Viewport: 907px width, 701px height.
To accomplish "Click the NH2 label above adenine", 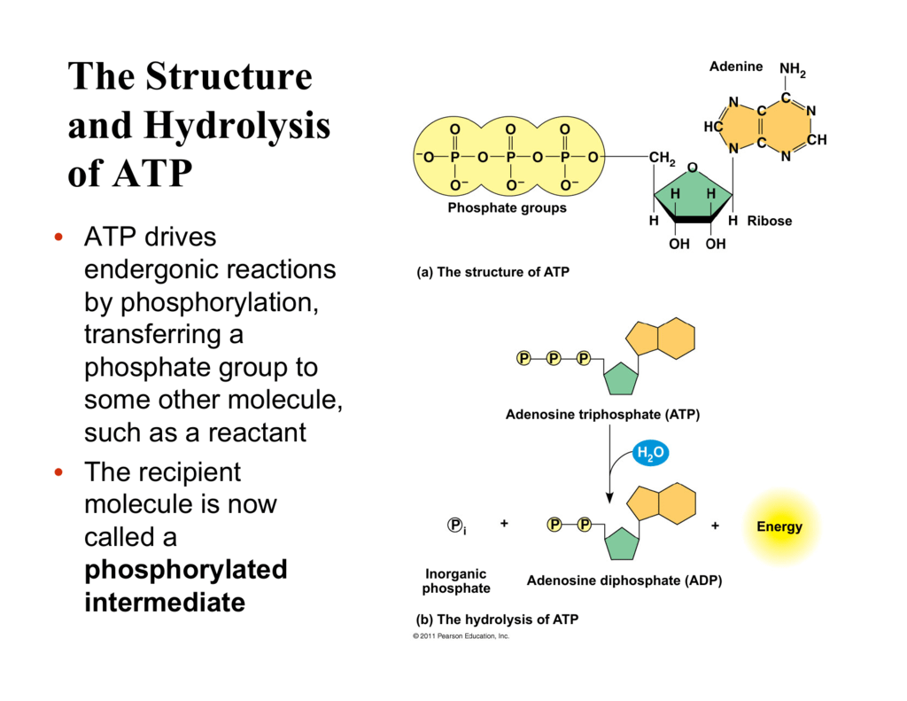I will click(792, 70).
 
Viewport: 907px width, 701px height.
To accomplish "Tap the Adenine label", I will click(735, 66).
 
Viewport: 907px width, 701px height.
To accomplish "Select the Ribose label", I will click(770, 221).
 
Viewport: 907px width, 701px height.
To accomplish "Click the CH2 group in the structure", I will click(662, 159).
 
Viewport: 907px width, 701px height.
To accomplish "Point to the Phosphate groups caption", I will click(507, 208).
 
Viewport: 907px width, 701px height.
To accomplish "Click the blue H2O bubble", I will click(649, 455).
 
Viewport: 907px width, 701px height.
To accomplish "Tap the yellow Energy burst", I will click(779, 526).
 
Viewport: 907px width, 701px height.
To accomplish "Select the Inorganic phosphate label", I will click(456, 581).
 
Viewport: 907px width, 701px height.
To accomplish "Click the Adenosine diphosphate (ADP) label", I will click(624, 581).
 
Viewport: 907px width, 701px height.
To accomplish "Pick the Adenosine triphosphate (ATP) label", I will click(602, 414).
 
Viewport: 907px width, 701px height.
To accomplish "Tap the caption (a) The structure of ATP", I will click(492, 272).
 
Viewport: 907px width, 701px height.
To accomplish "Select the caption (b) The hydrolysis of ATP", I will click(497, 619).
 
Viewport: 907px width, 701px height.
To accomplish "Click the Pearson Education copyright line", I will click(461, 636).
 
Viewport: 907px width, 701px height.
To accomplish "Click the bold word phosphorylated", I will click(185, 569).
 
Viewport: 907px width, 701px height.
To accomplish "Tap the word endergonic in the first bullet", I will click(154, 269).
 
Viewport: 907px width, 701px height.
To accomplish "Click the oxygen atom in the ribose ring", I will click(693, 167).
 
